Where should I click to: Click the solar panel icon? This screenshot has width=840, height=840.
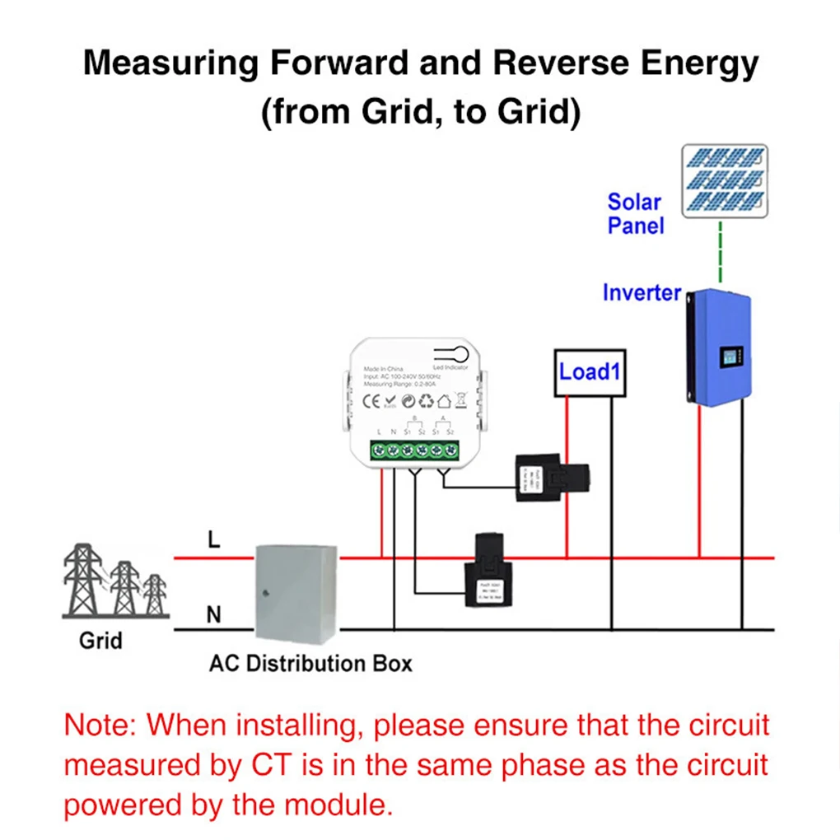pyautogui.click(x=725, y=181)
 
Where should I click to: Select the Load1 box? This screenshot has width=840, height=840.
pyautogui.click(x=588, y=372)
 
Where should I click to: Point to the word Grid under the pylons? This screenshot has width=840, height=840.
pyautogui.click(x=100, y=640)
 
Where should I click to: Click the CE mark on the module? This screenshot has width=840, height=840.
pyautogui.click(x=371, y=401)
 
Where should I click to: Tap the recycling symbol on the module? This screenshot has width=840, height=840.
pyautogui.click(x=426, y=401)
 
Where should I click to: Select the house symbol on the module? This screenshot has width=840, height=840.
pyautogui.click(x=443, y=401)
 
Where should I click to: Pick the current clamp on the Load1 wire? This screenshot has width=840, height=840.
pyautogui.click(x=552, y=477)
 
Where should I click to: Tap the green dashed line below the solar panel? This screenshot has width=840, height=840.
pyautogui.click(x=721, y=251)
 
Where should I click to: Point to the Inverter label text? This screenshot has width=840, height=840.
pyautogui.click(x=642, y=292)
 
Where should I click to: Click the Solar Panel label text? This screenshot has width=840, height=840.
pyautogui.click(x=635, y=213)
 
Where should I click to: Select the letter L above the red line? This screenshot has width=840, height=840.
pyautogui.click(x=214, y=539)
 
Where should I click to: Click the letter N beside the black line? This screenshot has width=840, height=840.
pyautogui.click(x=214, y=614)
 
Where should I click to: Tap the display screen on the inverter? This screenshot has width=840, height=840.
pyautogui.click(x=730, y=357)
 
